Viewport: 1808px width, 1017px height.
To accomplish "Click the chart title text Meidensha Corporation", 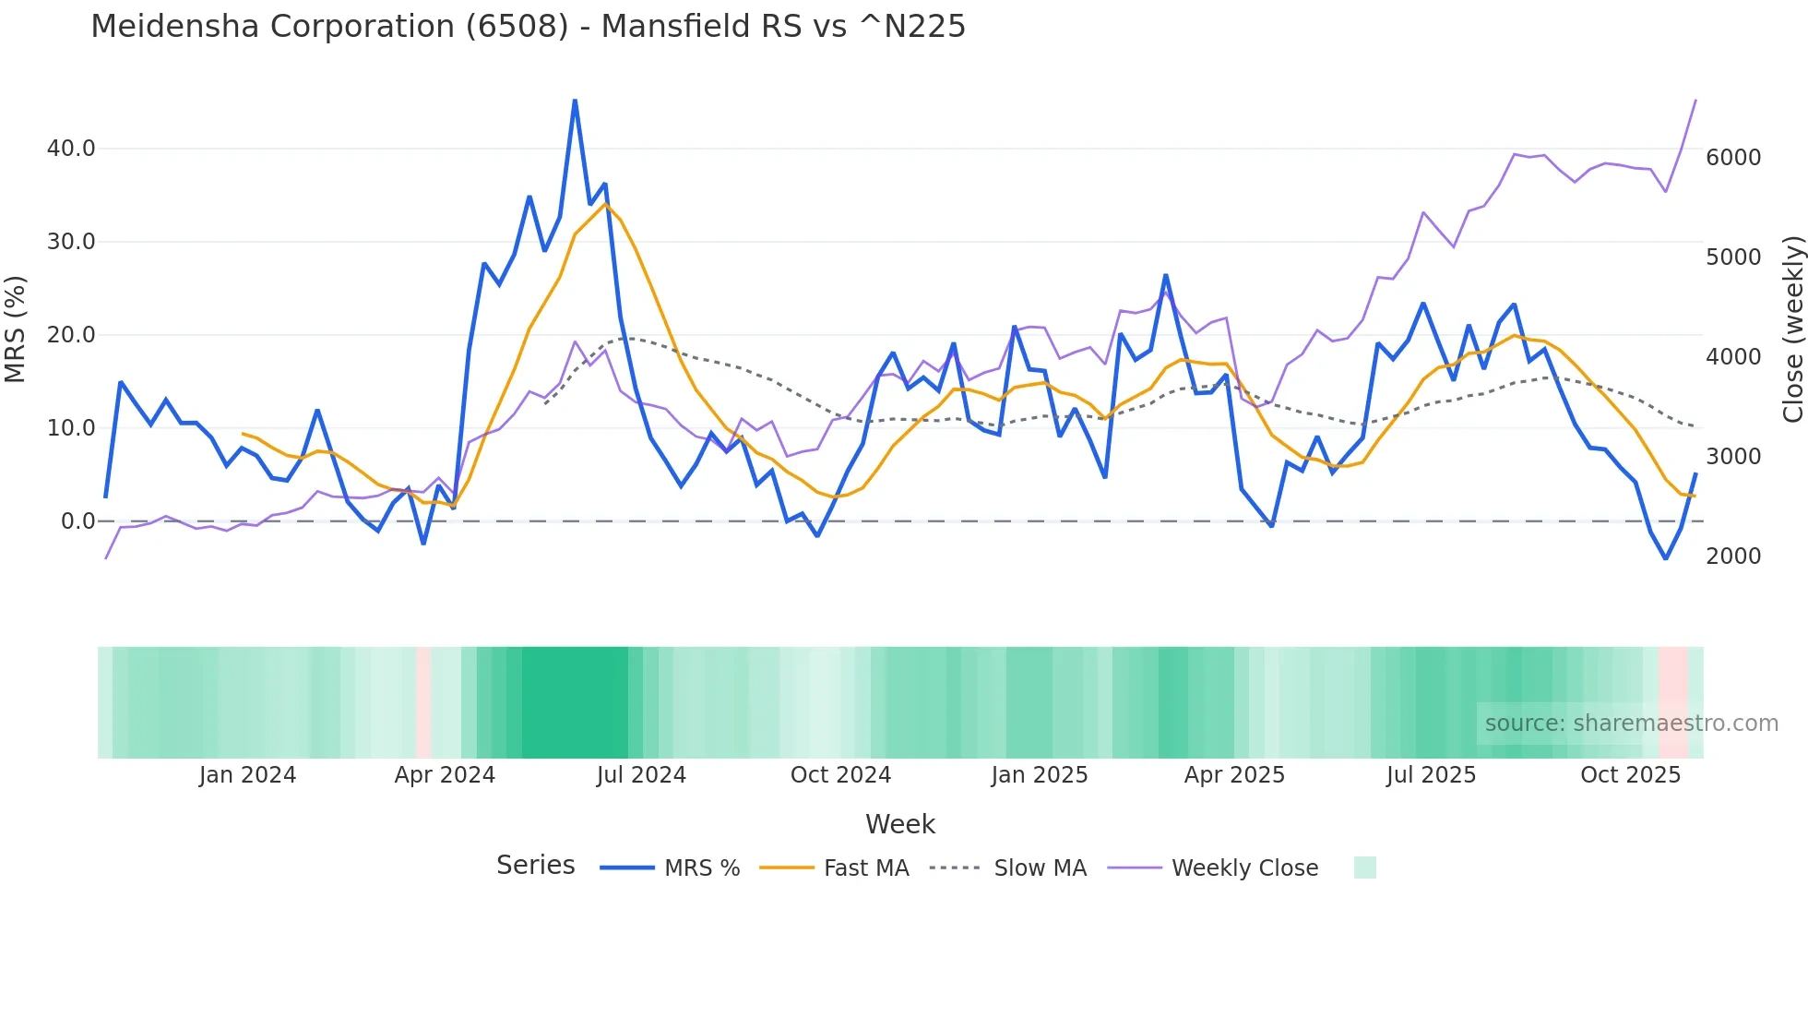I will [528, 27].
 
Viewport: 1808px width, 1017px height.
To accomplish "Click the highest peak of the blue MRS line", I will [575, 100].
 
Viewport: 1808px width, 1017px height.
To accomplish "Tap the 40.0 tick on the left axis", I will [71, 149].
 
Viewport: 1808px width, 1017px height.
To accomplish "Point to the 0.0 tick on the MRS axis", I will [78, 521].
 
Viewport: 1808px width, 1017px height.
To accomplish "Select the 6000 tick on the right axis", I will [1733, 158].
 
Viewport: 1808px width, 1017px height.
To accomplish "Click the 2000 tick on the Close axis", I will [1733, 556].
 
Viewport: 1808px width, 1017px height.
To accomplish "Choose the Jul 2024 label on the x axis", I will [641, 775].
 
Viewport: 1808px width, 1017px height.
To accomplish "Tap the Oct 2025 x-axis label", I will [1630, 775].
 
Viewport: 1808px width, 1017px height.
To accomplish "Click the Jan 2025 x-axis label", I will [1040, 775].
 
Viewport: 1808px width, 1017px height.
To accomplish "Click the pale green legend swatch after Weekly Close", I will [1364, 867].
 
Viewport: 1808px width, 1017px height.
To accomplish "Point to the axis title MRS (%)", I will [15, 329].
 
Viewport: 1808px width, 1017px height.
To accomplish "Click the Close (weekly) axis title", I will [1792, 329].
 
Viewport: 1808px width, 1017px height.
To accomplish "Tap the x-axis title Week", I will [899, 824].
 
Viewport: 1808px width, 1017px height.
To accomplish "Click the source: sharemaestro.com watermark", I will [1631, 724].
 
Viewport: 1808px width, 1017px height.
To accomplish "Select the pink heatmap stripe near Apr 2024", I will [423, 702].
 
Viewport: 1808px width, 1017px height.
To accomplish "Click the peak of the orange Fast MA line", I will [605, 202].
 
